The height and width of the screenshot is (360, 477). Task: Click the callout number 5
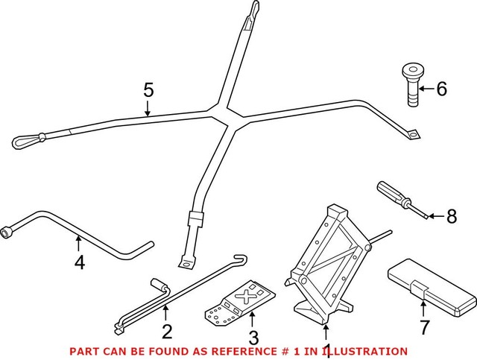(148, 90)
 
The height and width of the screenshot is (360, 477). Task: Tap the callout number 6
(441, 89)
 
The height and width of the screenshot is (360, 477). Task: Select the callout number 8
(451, 217)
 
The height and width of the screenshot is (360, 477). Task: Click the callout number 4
(78, 262)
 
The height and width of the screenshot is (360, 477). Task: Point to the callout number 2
(167, 332)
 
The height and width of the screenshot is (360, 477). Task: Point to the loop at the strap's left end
(27, 139)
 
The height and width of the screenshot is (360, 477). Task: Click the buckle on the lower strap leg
(195, 220)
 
